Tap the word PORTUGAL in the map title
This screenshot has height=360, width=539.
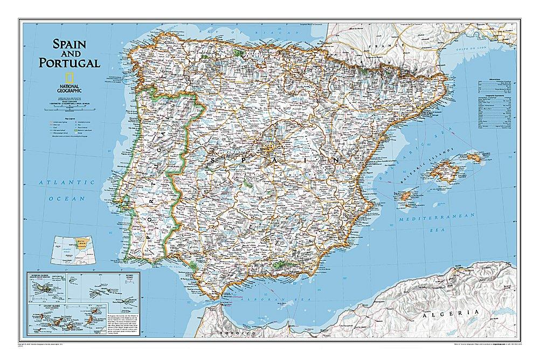click(x=70, y=63)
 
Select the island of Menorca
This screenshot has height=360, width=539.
click(x=473, y=157)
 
